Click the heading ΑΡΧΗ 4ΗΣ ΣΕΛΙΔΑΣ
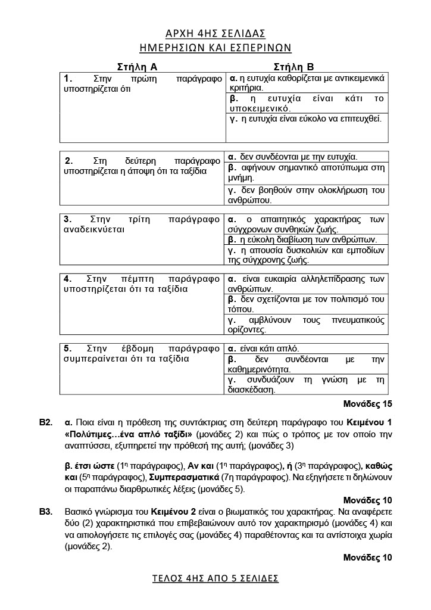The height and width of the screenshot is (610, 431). (x=215, y=33)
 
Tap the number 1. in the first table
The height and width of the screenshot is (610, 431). (x=68, y=78)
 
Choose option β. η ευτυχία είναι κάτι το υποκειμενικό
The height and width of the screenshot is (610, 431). (x=307, y=104)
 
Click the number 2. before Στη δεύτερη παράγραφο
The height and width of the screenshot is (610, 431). (x=68, y=160)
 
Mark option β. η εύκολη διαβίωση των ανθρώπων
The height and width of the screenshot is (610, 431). (x=302, y=239)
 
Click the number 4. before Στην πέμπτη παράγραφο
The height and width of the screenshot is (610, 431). (x=68, y=278)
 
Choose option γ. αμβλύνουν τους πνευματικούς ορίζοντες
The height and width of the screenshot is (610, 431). (x=307, y=324)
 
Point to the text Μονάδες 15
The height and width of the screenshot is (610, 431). (x=367, y=404)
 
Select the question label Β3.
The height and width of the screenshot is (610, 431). (x=46, y=511)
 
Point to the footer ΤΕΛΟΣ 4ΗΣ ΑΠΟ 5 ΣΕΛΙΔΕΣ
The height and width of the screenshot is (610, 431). (x=215, y=578)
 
